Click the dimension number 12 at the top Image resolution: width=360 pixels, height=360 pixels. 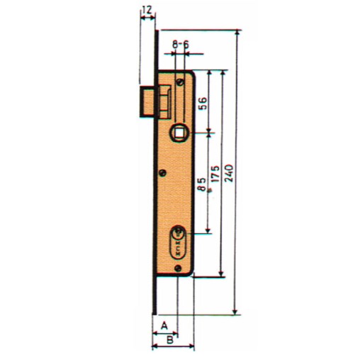pyautogui.click(x=147, y=10)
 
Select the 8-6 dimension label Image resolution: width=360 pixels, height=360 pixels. pyautogui.click(x=181, y=44)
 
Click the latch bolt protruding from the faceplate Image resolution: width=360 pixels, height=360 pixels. pyautogui.click(x=156, y=100)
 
